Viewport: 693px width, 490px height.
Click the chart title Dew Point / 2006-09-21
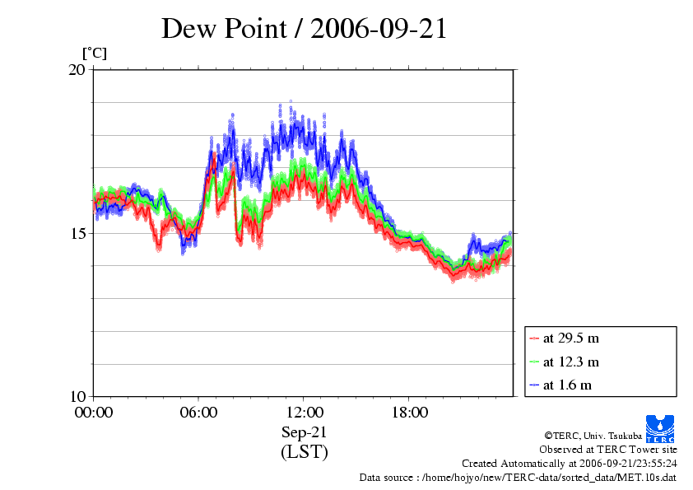click(304, 28)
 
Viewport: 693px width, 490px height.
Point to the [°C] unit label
click(94, 54)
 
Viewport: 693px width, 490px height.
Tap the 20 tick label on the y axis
click(76, 70)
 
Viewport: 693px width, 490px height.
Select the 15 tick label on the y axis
click(76, 233)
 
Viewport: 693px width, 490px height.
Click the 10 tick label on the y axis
click(76, 396)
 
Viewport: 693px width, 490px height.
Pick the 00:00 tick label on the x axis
click(94, 413)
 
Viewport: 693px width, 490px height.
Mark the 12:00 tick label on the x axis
click(304, 413)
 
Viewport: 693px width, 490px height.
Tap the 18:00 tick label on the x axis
click(409, 413)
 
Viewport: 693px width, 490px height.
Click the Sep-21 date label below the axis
click(304, 432)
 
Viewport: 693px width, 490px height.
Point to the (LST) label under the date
click(304, 452)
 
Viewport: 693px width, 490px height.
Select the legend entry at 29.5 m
click(571, 338)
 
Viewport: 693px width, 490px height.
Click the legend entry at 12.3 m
click(571, 362)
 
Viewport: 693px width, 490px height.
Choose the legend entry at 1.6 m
click(568, 385)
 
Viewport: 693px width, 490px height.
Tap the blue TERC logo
click(660, 427)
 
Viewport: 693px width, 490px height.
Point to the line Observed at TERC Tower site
click(608, 450)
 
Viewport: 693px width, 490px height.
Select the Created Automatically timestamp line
click(570, 464)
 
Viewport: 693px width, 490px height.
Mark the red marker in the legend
click(534, 338)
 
